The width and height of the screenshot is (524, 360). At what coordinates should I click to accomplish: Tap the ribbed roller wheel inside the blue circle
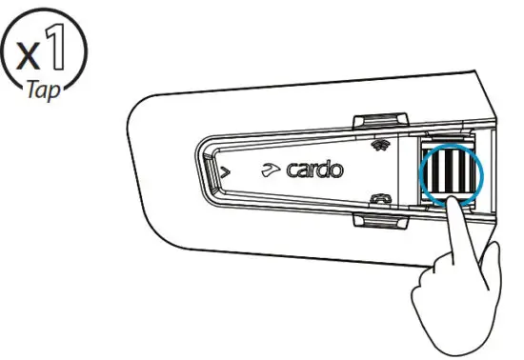click(449, 174)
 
